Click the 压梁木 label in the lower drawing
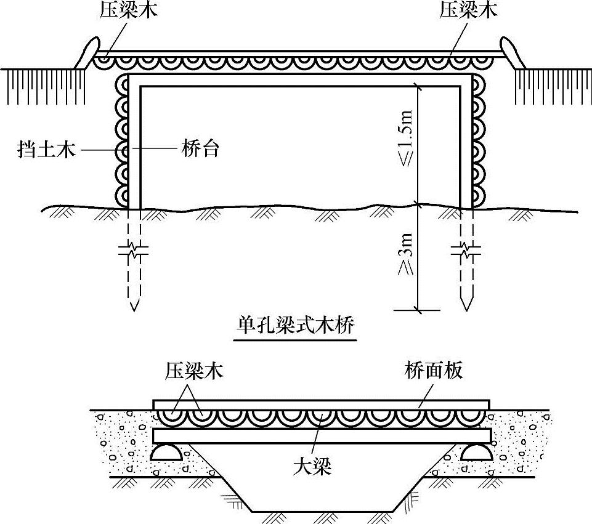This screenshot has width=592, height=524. click(193, 371)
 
